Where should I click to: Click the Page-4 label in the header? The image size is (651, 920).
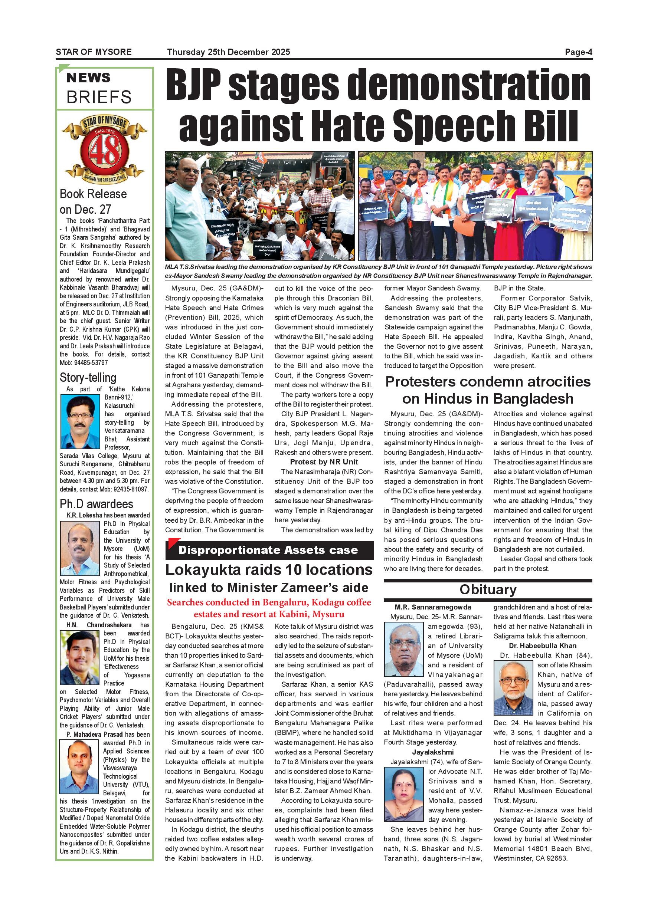(578, 52)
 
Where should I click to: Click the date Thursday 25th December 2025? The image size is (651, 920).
(229, 52)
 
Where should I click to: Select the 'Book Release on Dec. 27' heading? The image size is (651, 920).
(93, 201)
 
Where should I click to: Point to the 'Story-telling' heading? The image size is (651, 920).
(88, 377)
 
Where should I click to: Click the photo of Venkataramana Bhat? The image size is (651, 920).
(80, 421)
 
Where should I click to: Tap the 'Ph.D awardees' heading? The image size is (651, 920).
(96, 504)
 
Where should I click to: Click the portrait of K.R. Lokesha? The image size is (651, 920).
(80, 548)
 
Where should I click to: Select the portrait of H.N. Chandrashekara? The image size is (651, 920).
(79, 658)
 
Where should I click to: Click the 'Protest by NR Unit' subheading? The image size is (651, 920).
(324, 462)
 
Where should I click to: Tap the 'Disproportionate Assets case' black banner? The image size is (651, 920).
(269, 550)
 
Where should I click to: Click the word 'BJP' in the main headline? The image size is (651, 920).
(194, 85)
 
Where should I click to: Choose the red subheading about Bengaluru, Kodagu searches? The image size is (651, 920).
(269, 608)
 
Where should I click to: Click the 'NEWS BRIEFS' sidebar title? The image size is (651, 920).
(99, 88)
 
